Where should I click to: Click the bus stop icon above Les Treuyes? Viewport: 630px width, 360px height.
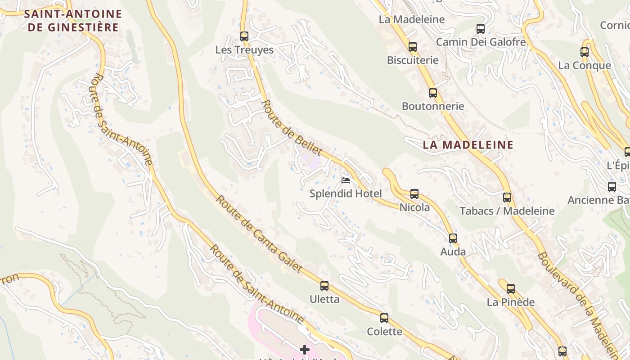[x=244, y=36]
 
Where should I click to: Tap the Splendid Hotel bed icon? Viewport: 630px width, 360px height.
[x=346, y=180]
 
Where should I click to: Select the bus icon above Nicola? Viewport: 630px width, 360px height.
[x=414, y=194]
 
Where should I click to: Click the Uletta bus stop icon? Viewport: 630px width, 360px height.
[x=324, y=285]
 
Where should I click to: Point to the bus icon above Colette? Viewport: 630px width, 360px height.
[x=384, y=318]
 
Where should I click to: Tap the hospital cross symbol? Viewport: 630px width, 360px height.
[x=305, y=350]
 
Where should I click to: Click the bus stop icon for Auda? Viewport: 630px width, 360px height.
[x=453, y=238]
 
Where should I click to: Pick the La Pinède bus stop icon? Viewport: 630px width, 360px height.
[x=510, y=288]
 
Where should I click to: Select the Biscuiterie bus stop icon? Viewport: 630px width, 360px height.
[x=412, y=46]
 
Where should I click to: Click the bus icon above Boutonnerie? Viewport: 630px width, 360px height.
[x=432, y=93]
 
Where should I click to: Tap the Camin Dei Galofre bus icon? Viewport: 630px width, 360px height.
[x=480, y=29]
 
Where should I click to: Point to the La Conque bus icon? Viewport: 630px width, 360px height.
[x=584, y=52]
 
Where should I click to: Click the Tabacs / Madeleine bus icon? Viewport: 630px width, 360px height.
[x=507, y=197]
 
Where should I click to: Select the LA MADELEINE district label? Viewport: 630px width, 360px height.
[x=468, y=145]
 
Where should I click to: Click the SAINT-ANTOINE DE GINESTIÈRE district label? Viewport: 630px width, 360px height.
[x=73, y=21]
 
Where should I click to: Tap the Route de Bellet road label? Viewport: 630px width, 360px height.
[x=292, y=128]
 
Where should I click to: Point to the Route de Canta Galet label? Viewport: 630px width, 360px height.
[x=258, y=234]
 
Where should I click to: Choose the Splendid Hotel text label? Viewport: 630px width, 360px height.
[x=346, y=194]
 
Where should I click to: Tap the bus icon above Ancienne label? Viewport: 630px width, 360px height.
[x=612, y=186]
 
